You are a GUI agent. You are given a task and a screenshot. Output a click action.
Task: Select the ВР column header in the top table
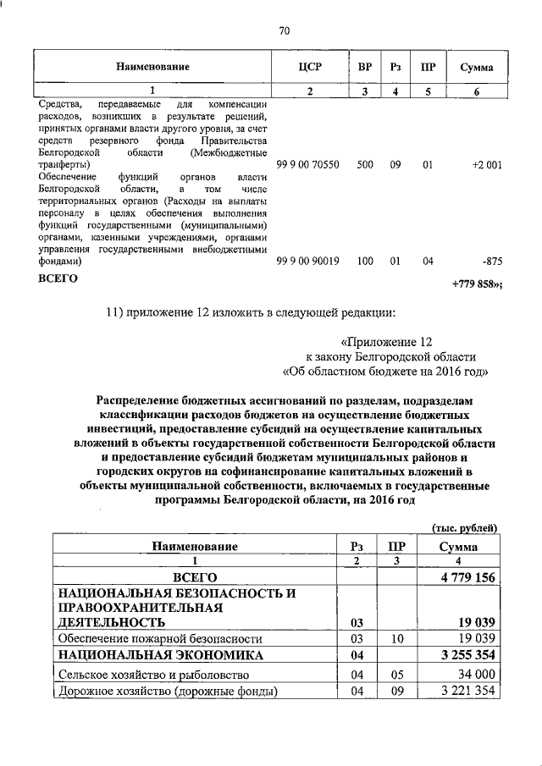pos(364,67)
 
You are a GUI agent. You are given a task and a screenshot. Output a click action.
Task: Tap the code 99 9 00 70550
pos(309,165)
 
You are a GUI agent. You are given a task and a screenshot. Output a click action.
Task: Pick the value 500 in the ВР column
pos(364,165)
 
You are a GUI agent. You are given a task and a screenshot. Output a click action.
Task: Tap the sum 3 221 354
pos(467,692)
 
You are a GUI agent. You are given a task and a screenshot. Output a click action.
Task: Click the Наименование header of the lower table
pos(195,547)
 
